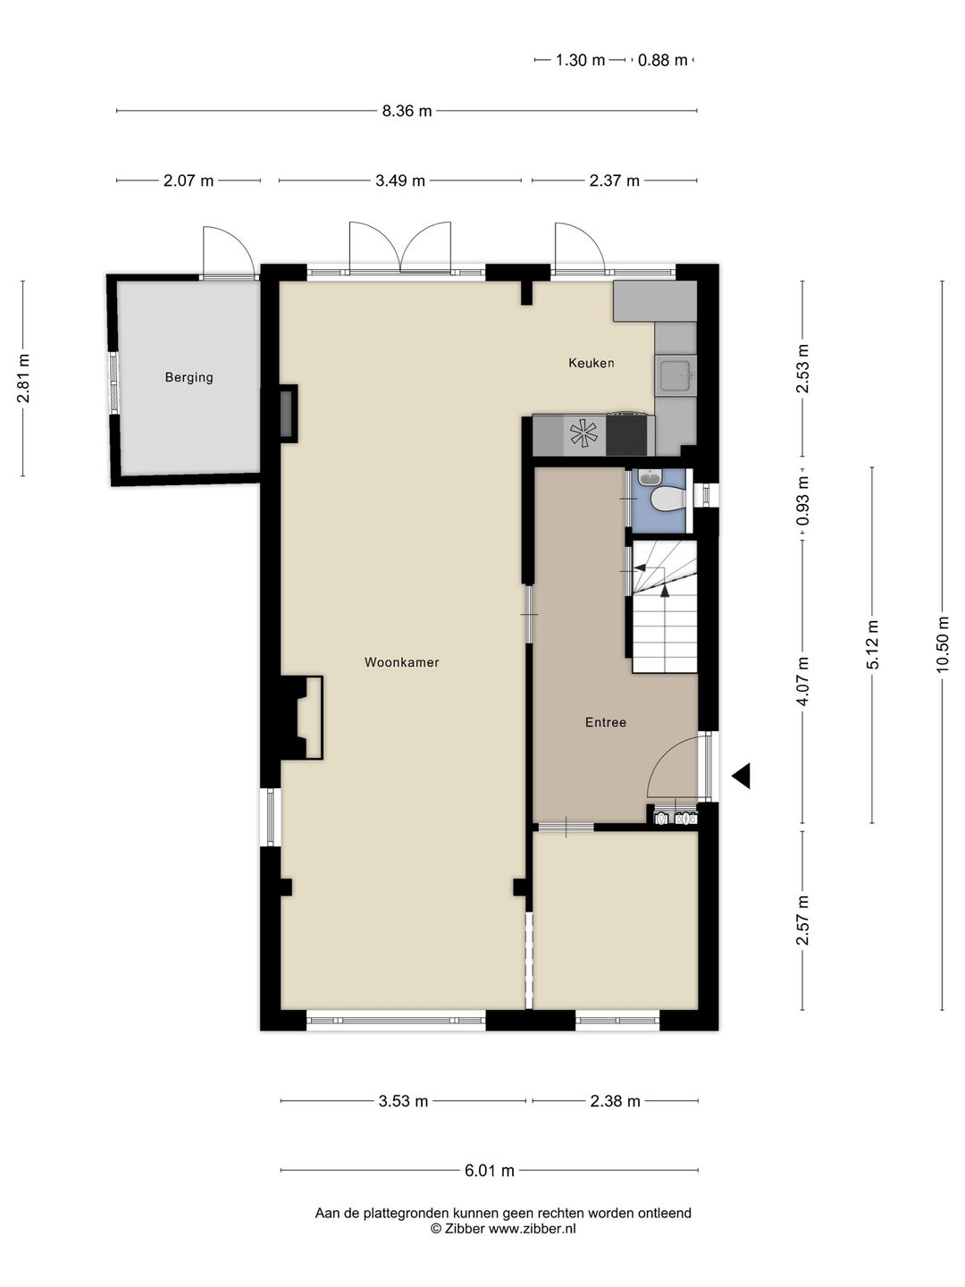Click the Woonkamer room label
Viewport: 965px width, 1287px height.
(401, 662)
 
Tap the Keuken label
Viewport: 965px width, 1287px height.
(592, 363)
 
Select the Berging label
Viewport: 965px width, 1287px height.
(189, 377)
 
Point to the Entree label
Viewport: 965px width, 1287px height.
(605, 722)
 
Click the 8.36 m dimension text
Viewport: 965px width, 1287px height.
(407, 111)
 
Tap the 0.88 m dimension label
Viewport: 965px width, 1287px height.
(662, 60)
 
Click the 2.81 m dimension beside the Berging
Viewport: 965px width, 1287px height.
(23, 378)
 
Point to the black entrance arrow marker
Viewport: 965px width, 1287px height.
(742, 777)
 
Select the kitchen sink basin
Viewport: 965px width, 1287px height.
(675, 375)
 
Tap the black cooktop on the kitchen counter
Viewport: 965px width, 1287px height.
(626, 434)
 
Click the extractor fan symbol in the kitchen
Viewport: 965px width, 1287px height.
(583, 434)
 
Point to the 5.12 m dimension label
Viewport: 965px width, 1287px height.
(872, 644)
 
